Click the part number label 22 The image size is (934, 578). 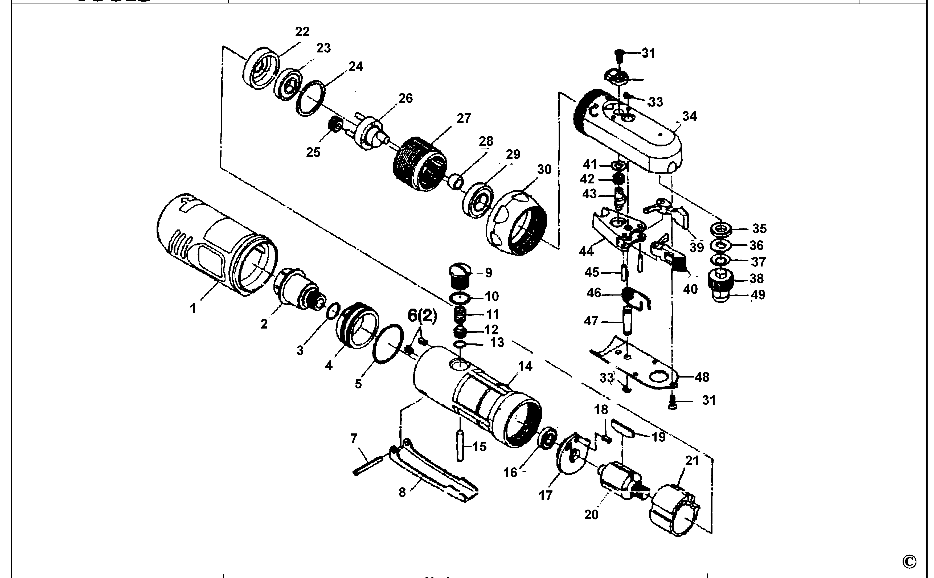(x=302, y=32)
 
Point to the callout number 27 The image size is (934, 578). (x=464, y=118)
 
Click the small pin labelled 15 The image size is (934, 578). (x=460, y=445)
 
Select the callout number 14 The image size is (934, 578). (x=525, y=366)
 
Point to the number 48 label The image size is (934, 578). (x=702, y=377)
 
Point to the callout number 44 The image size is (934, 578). (x=586, y=251)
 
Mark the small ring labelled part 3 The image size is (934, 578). (x=334, y=310)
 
